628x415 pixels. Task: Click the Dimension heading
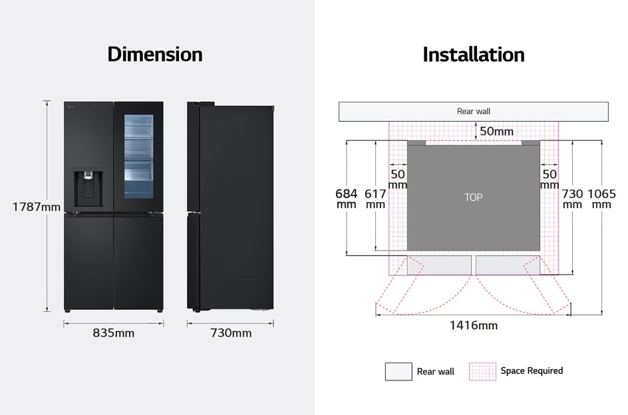pyautogui.click(x=154, y=55)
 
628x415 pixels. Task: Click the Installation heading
pyautogui.click(x=474, y=55)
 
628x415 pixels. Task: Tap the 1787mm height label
pyautogui.click(x=36, y=207)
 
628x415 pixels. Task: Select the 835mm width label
pyautogui.click(x=113, y=333)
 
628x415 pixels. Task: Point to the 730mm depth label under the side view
pyautogui.click(x=231, y=333)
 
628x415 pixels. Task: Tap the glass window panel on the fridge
pyautogui.click(x=138, y=157)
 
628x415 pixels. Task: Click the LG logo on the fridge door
pyautogui.click(x=71, y=106)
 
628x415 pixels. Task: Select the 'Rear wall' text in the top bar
pyautogui.click(x=474, y=111)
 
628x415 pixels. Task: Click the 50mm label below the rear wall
pyautogui.click(x=496, y=131)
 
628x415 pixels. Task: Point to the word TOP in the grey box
pyautogui.click(x=474, y=197)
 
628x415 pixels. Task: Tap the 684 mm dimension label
pyautogui.click(x=346, y=199)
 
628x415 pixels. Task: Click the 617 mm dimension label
pyautogui.click(x=375, y=199)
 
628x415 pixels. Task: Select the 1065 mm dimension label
pyautogui.click(x=601, y=199)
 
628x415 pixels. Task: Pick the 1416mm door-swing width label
pyautogui.click(x=474, y=325)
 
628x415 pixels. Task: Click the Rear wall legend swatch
pyautogui.click(x=398, y=371)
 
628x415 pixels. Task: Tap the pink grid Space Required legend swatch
pyautogui.click(x=482, y=371)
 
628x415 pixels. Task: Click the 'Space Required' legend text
pyautogui.click(x=532, y=371)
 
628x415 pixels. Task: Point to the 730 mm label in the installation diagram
pyautogui.click(x=572, y=199)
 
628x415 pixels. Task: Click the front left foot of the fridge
pyautogui.click(x=67, y=311)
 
